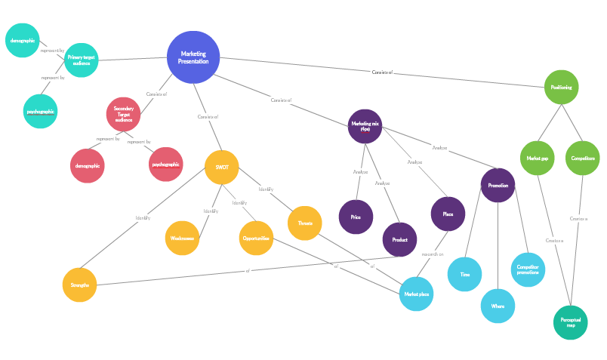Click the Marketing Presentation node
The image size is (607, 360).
[193, 57]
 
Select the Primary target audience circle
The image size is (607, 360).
[81, 60]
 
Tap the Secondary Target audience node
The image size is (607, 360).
[123, 114]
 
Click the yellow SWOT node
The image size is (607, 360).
[222, 168]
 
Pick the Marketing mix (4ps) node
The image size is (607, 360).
[365, 126]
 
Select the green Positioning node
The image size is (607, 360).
[561, 88]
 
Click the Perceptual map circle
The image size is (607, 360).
[571, 322]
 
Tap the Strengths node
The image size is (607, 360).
[79, 285]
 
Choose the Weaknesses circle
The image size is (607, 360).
[182, 238]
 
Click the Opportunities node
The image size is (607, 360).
[256, 238]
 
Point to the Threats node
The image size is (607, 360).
[305, 223]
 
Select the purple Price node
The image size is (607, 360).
[356, 217]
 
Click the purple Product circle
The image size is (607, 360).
[399, 239]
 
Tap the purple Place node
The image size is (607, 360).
[448, 214]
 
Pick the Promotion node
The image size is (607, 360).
[498, 185]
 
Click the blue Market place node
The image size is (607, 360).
[416, 294]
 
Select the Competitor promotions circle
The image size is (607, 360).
[528, 269]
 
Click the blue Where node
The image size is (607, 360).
[498, 306]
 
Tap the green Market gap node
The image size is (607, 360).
[538, 158]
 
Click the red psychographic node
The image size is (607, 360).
[166, 165]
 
